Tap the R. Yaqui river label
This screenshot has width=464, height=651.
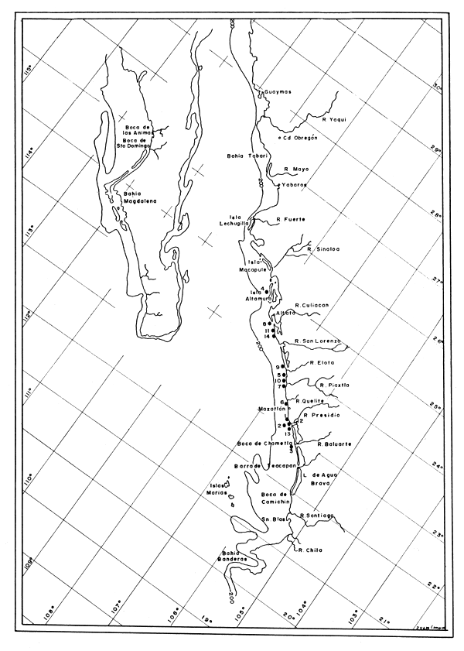click(x=336, y=119)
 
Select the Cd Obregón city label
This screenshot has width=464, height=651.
click(x=299, y=138)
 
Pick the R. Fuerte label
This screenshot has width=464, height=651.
click(x=291, y=219)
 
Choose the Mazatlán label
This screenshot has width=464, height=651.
click(x=273, y=408)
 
